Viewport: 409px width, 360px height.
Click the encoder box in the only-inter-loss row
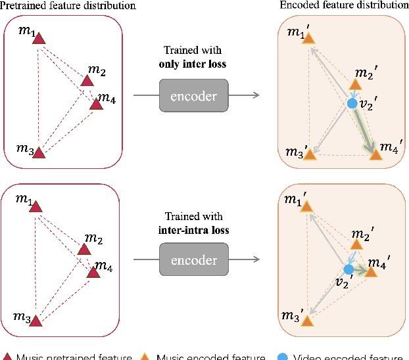pos(193,95)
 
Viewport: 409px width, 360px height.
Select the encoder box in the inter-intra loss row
pos(193,259)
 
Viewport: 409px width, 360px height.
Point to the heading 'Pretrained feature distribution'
pos(68,6)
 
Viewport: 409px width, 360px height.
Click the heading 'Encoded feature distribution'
pos(344,6)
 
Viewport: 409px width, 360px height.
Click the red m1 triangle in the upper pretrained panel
pos(39,39)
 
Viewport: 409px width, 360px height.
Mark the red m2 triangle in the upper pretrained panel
pos(87,81)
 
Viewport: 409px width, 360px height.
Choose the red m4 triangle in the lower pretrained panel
pos(91,272)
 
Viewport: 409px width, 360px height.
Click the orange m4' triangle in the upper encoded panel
pos(375,155)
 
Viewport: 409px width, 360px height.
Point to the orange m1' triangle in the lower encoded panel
pos(306,206)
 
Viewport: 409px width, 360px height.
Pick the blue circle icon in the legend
pos(282,357)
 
